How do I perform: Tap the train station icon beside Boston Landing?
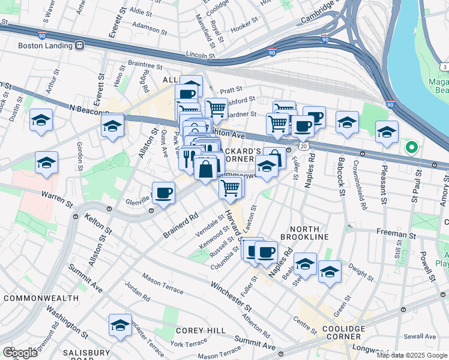[x=79, y=44]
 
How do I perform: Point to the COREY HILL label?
[x=200, y=331]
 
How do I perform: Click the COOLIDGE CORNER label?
[x=343, y=333]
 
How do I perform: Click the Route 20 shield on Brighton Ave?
[x=305, y=146]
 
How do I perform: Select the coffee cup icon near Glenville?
[x=163, y=193]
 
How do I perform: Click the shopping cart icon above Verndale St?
[x=231, y=188]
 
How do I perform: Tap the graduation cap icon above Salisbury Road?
[x=120, y=325]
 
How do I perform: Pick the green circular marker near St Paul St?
[x=411, y=147]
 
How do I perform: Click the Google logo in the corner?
[x=20, y=352]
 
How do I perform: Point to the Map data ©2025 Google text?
[x=412, y=355]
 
